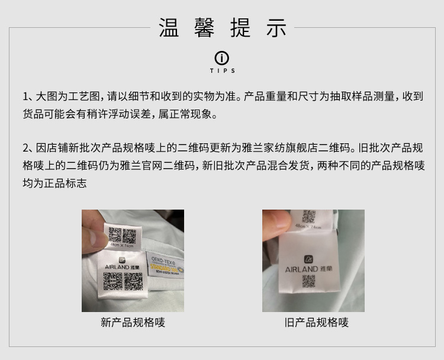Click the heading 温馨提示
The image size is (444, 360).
pos(222,28)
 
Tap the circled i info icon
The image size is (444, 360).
pos(222,58)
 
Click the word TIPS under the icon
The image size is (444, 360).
pos(222,71)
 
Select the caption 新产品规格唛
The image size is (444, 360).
pos(133,323)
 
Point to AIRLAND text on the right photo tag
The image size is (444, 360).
pos(301,269)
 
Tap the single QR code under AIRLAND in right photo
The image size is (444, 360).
pos(308,281)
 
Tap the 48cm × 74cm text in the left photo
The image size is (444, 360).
pos(122,245)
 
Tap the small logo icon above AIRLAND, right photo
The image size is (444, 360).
pos(308,259)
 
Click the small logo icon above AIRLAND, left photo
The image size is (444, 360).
pos(122,260)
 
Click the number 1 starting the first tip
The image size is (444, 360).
pos(26,97)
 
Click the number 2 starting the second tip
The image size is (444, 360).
pos(26,148)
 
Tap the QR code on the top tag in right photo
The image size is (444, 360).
pos(308,217)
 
